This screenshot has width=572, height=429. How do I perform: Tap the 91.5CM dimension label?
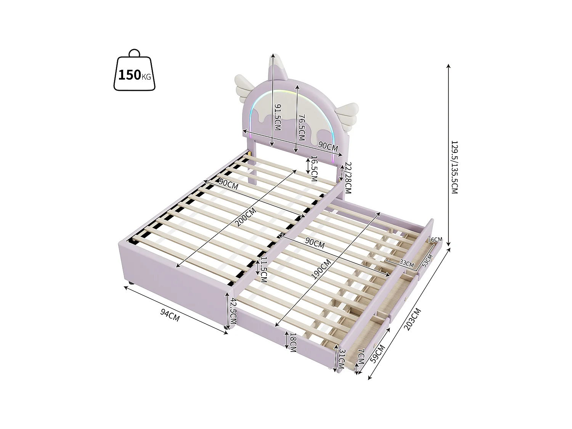pyautogui.click(x=277, y=117)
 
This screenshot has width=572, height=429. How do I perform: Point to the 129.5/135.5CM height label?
pyautogui.click(x=454, y=167)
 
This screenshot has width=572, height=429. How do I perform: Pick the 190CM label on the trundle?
pyautogui.click(x=321, y=269)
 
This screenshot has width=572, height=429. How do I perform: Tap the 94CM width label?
pyautogui.click(x=170, y=316)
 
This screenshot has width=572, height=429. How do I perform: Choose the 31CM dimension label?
pyautogui.click(x=342, y=359)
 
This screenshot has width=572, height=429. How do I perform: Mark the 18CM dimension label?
pyautogui.click(x=293, y=342)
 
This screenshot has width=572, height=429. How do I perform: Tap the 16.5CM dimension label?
pyautogui.click(x=314, y=168)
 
